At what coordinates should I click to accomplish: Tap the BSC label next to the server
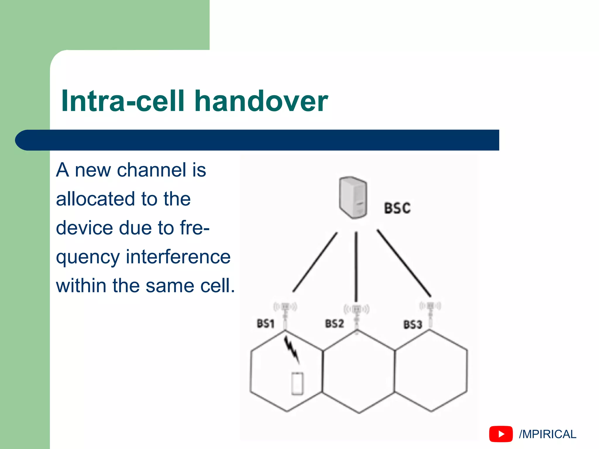[397, 208]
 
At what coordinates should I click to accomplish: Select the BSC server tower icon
[353, 198]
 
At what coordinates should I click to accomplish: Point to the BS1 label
[265, 324]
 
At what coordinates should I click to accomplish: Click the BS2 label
[334, 324]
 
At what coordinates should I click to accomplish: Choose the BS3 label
[413, 324]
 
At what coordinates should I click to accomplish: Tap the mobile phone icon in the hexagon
[297, 384]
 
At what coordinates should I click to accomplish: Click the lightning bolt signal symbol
[292, 349]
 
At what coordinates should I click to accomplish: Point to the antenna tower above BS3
[430, 313]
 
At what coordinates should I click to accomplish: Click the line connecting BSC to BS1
[315, 262]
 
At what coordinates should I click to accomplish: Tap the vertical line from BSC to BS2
[356, 266]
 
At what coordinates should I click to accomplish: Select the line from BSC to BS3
[404, 263]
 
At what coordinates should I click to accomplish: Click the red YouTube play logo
[501, 434]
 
